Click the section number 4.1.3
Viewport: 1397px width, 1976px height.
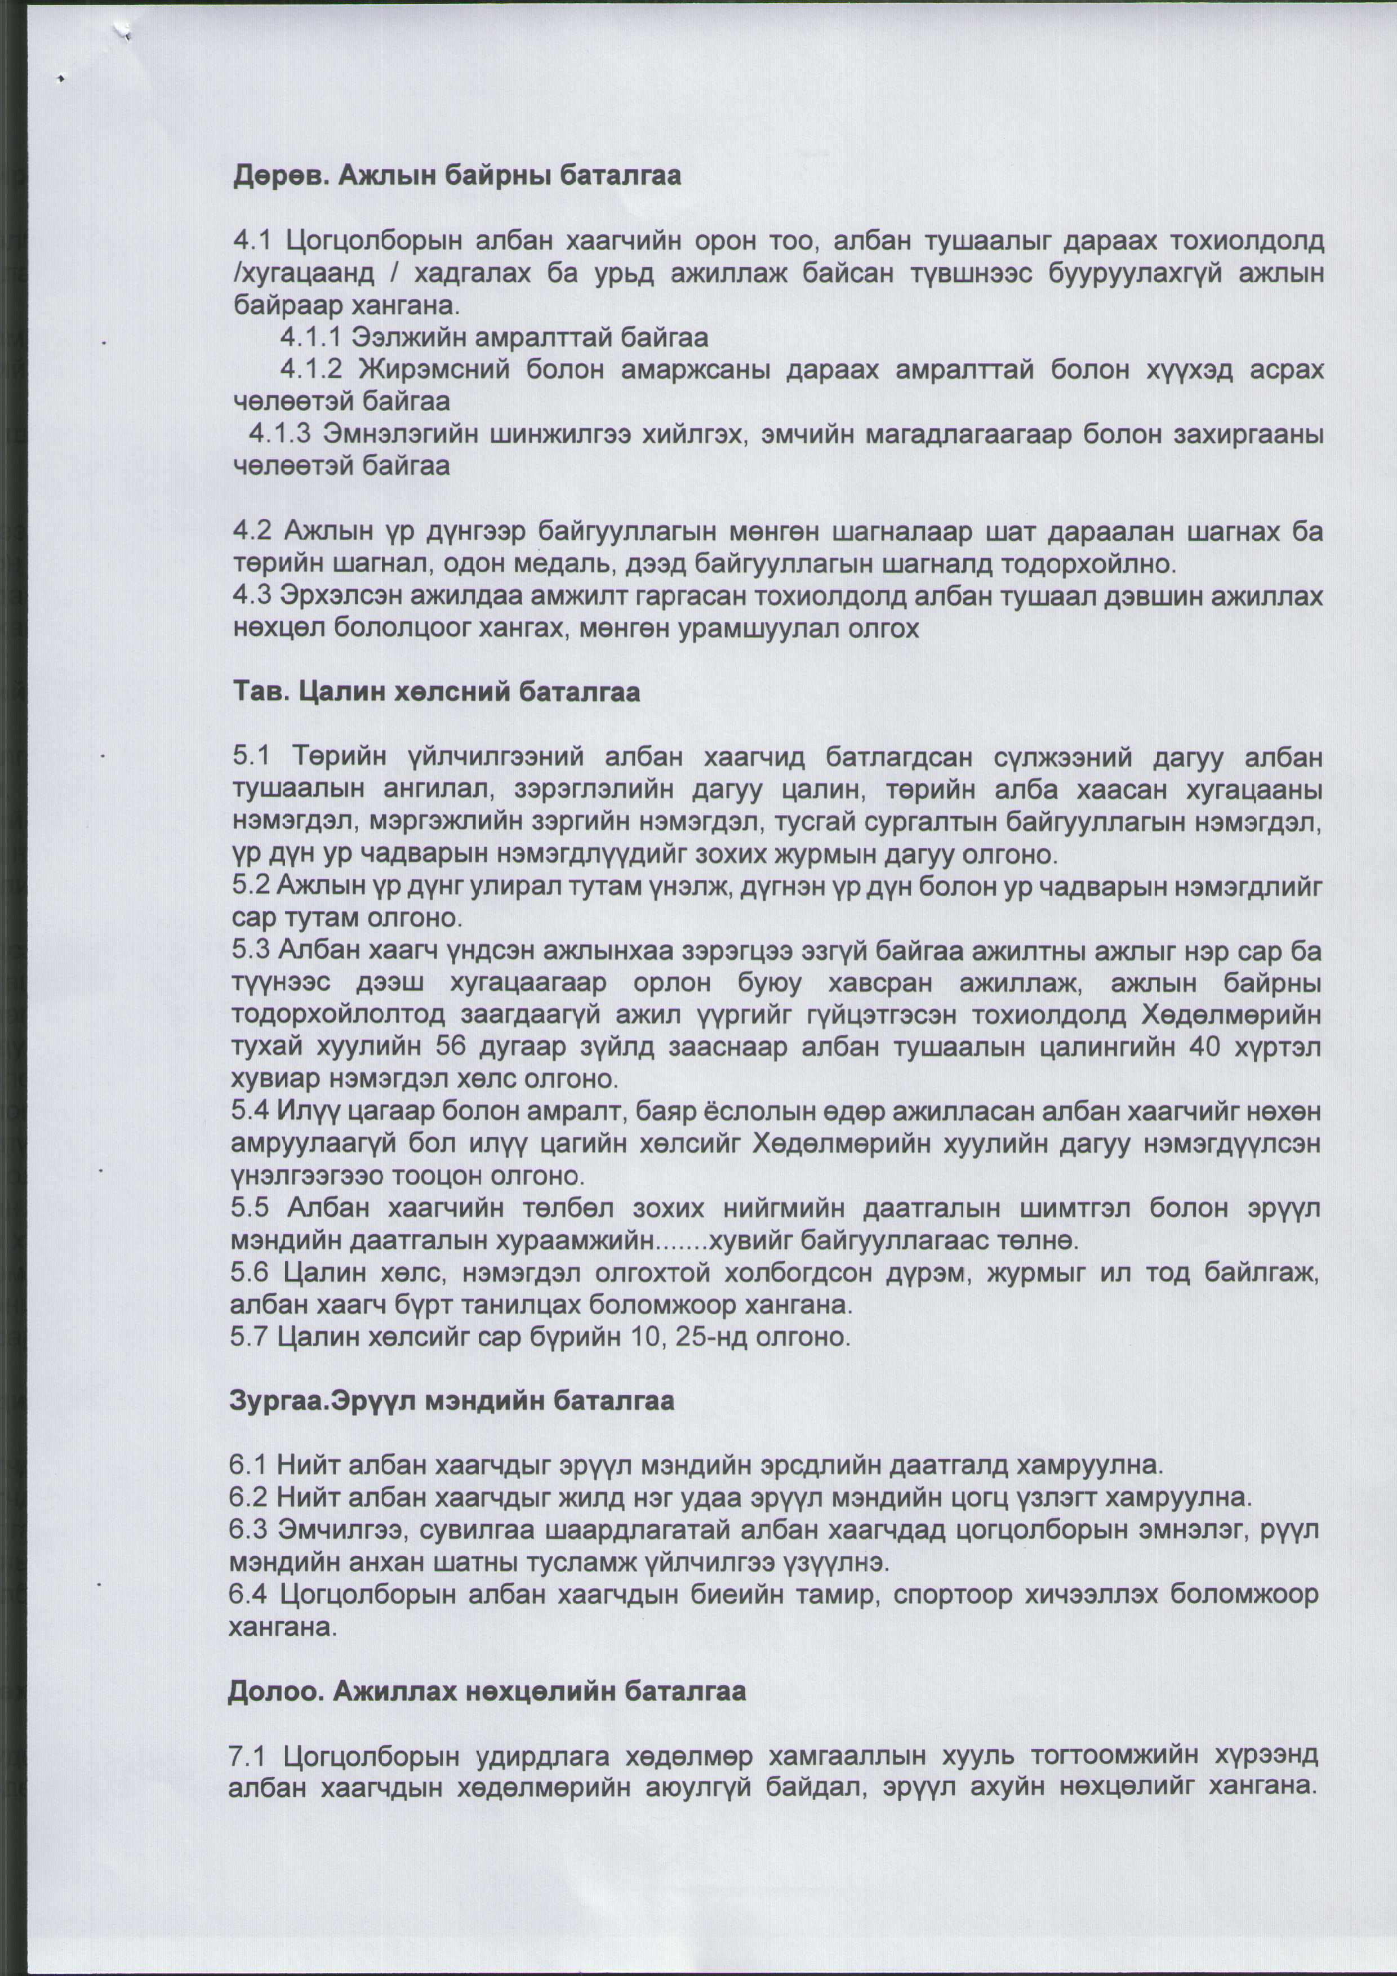(280, 434)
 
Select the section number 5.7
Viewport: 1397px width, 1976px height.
(249, 1337)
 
